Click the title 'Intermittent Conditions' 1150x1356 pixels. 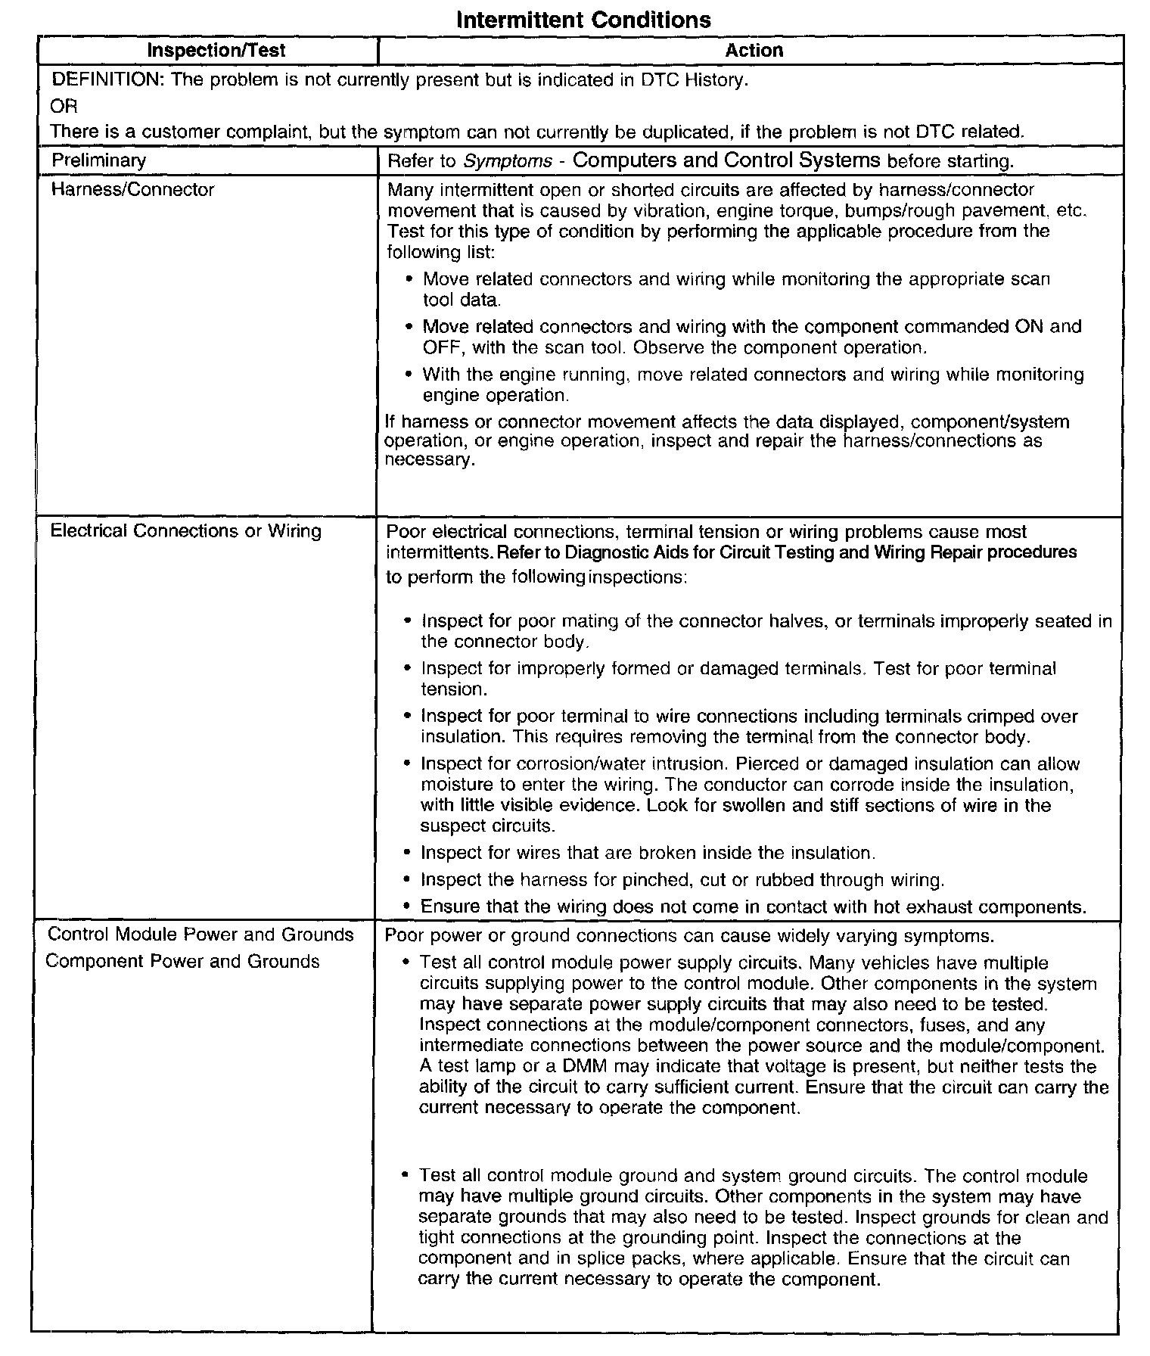pyautogui.click(x=583, y=20)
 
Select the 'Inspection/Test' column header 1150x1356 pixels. pyautogui.click(x=216, y=51)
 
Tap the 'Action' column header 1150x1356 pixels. pyautogui.click(x=754, y=51)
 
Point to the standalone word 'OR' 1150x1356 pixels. pyautogui.click(x=64, y=106)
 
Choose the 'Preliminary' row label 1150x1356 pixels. pyautogui.click(x=98, y=160)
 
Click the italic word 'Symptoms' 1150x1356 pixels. pyautogui.click(x=508, y=161)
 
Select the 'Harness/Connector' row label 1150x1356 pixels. pyautogui.click(x=132, y=189)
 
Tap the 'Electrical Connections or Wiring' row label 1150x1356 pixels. pyautogui.click(x=185, y=530)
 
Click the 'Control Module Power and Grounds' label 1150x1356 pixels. pyautogui.click(x=200, y=935)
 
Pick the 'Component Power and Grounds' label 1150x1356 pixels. pyautogui.click(x=182, y=962)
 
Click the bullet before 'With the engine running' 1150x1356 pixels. pyautogui.click(x=409, y=375)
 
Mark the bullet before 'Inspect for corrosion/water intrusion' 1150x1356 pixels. pyautogui.click(x=409, y=764)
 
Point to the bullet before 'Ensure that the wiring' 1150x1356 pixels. pyautogui.click(x=409, y=907)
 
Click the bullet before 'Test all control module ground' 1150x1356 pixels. pyautogui.click(x=406, y=1176)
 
